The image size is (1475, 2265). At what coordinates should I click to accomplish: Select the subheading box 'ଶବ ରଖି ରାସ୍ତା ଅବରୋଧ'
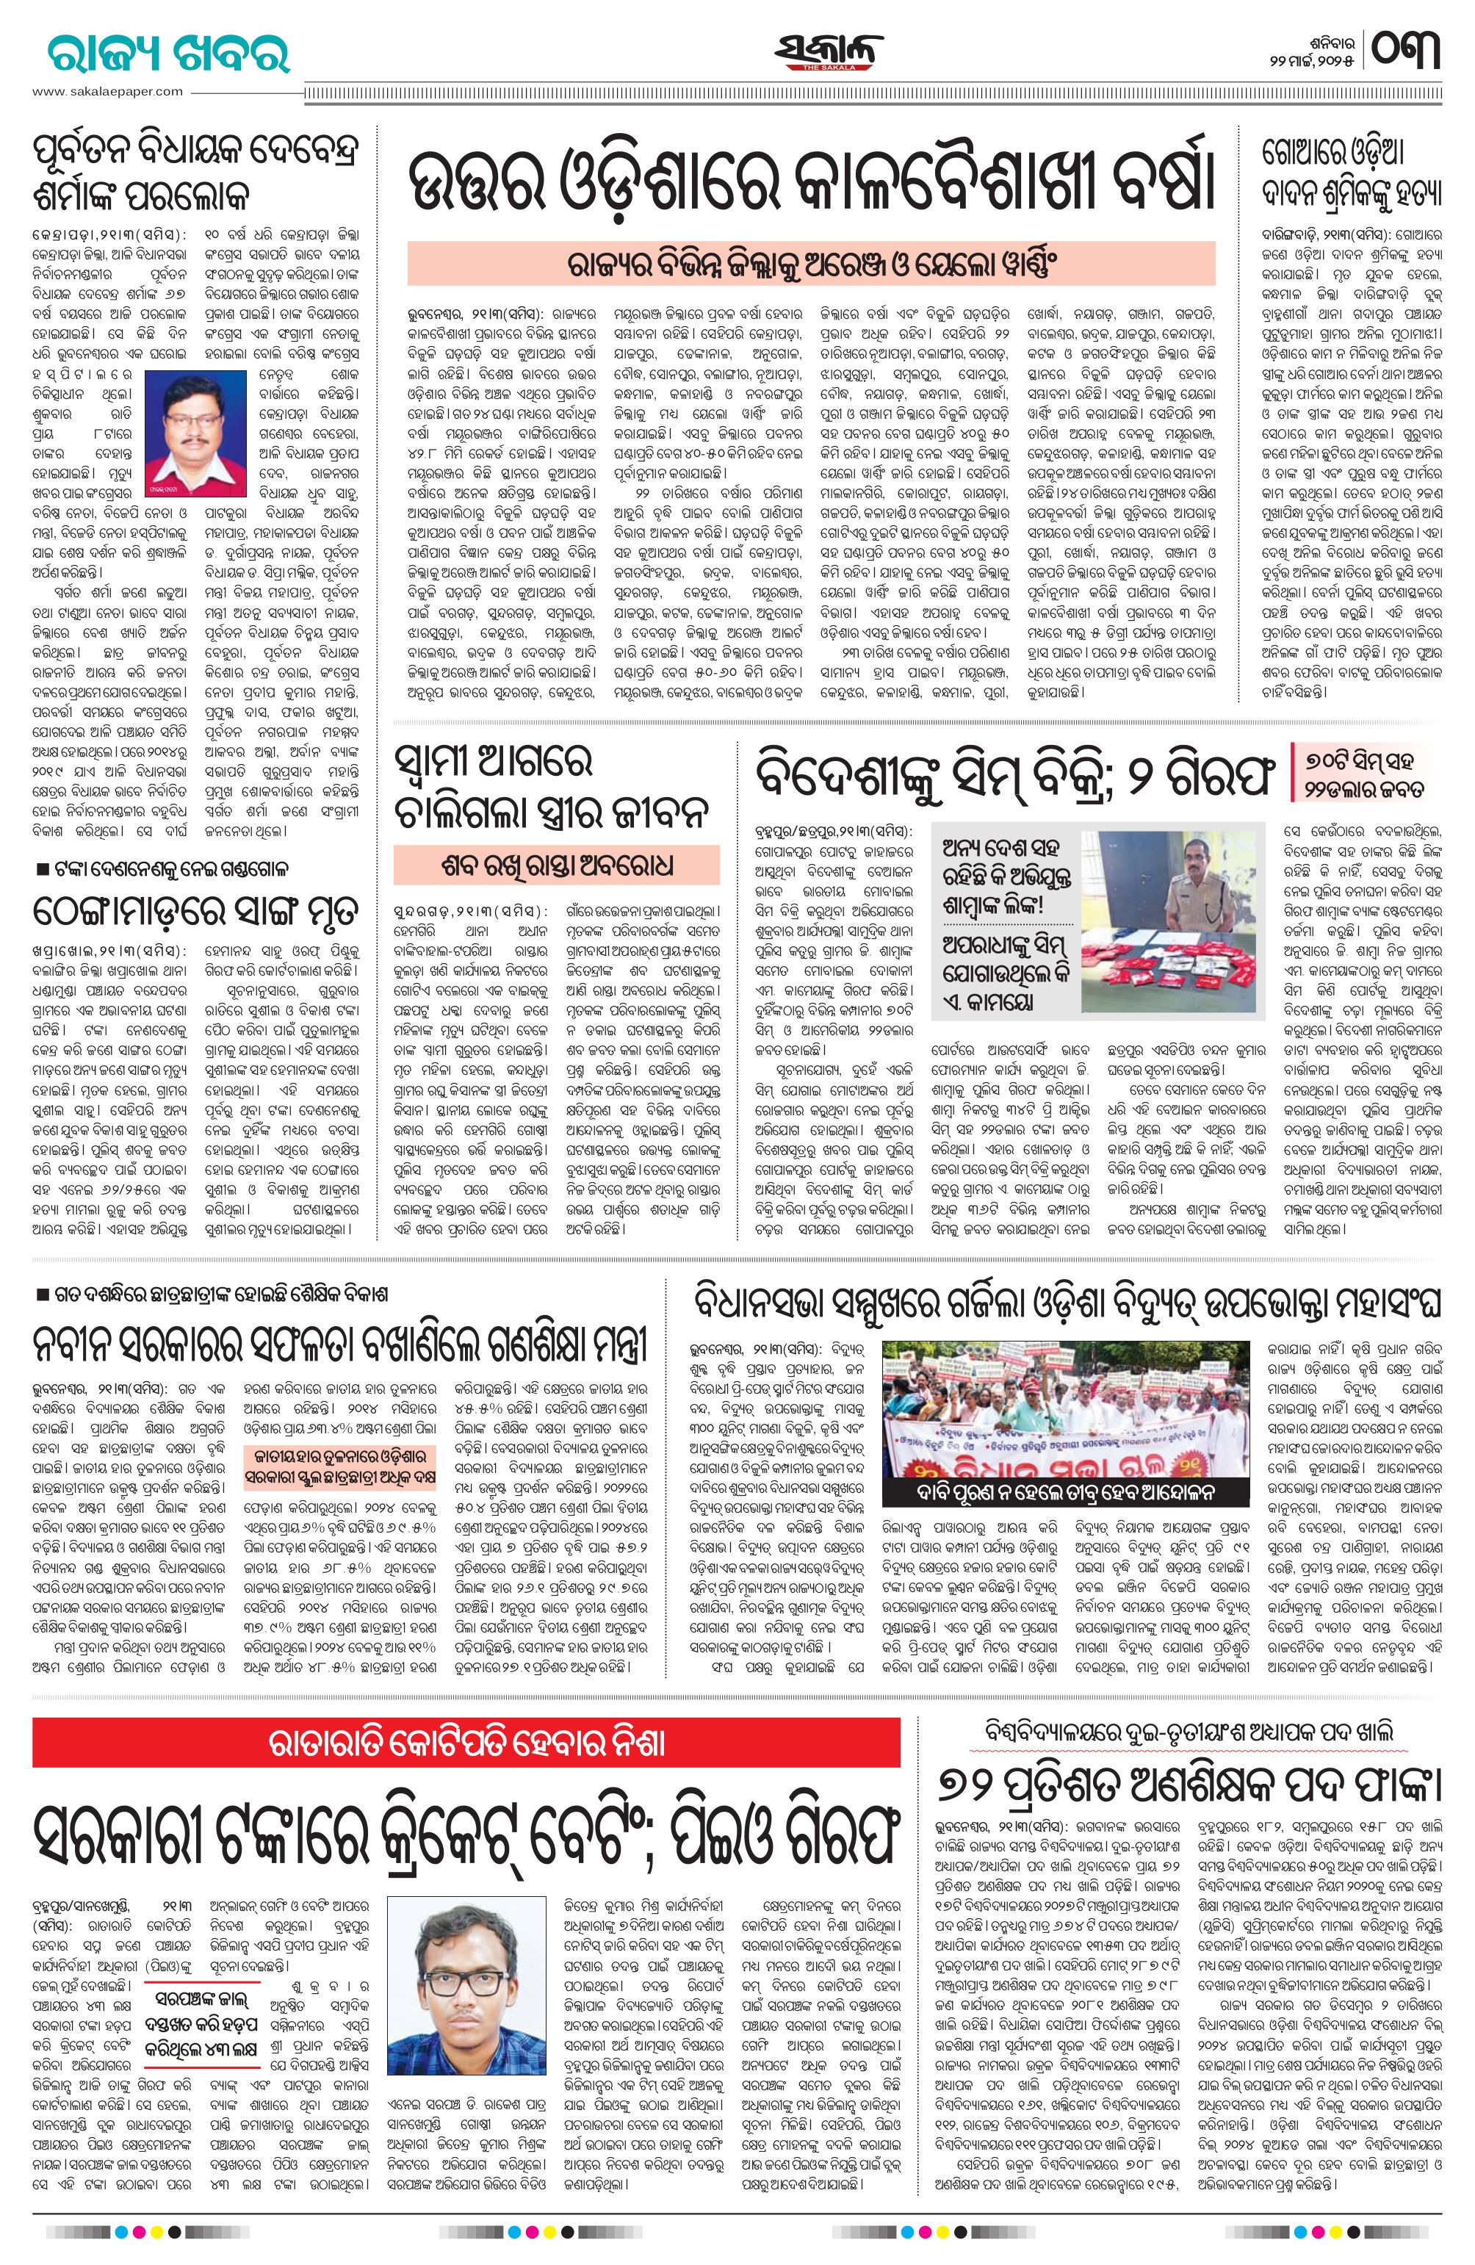[x=558, y=866]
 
